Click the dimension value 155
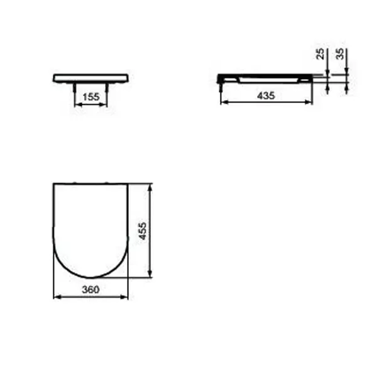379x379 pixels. click(x=91, y=97)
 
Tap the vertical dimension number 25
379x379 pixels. click(x=320, y=53)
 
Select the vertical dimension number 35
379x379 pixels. click(x=340, y=53)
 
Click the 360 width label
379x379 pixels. click(x=91, y=290)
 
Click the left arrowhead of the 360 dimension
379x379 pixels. click(x=56, y=297)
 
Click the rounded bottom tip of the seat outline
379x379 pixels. click(x=91, y=277)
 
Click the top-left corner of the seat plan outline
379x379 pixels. click(x=54, y=184)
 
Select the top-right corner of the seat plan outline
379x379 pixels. click(x=127, y=184)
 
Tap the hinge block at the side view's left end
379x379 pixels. click(x=221, y=79)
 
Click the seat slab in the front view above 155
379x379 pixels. click(x=91, y=77)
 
